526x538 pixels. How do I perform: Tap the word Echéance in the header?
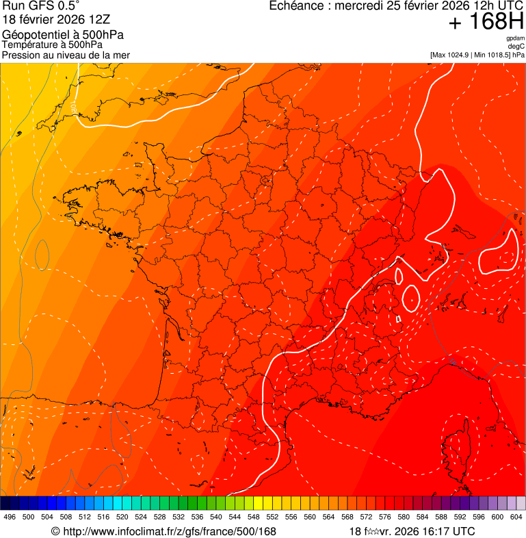[x=295, y=6]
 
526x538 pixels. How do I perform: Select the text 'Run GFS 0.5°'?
[x=41, y=6]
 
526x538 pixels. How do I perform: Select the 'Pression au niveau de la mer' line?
[x=66, y=55]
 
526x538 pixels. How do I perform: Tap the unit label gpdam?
[x=515, y=38]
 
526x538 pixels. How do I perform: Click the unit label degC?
[x=516, y=46]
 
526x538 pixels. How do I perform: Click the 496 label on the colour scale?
[x=10, y=517]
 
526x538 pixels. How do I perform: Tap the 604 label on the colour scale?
[x=516, y=517]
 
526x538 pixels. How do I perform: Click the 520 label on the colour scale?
[x=122, y=517]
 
